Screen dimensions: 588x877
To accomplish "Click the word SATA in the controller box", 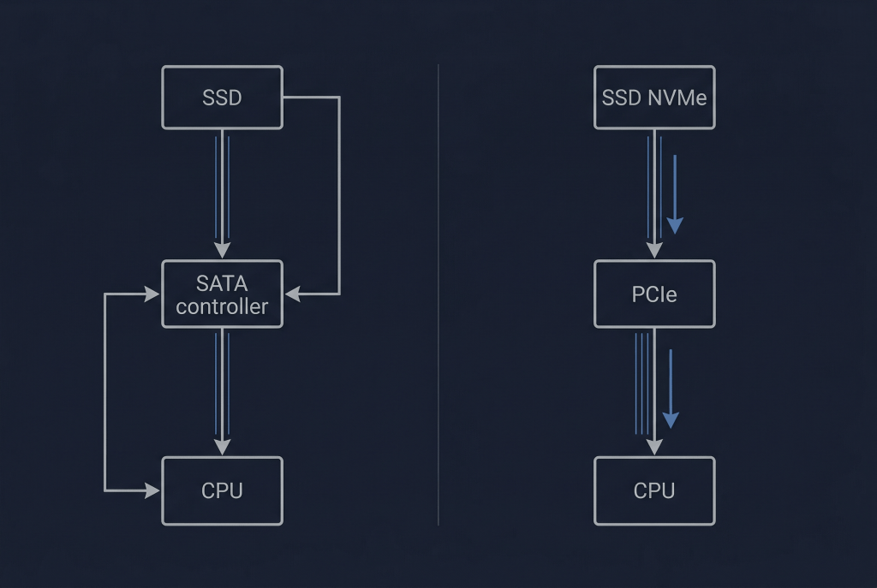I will (x=222, y=282).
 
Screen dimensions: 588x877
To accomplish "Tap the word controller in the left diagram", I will (x=222, y=306).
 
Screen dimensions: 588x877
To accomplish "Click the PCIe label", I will (x=654, y=294).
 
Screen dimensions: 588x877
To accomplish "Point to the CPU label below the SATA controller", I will (x=222, y=490).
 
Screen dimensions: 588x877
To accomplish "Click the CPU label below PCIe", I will (x=654, y=490).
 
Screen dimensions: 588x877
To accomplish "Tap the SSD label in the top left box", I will (x=222, y=98).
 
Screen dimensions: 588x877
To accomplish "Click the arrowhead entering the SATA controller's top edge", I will (x=222, y=250).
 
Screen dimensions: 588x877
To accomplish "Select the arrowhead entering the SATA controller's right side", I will (x=292, y=294).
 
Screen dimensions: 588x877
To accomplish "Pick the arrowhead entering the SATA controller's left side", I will (x=152, y=294).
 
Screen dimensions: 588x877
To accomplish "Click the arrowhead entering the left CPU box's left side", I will (x=152, y=490).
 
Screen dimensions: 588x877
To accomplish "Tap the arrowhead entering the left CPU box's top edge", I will (x=222, y=447).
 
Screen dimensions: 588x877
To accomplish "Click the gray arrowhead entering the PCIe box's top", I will (x=654, y=249).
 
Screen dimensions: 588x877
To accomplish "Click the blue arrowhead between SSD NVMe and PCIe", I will (x=675, y=224).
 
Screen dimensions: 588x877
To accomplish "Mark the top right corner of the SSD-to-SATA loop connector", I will (x=339, y=98).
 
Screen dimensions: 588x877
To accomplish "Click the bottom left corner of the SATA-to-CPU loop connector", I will (x=105, y=490).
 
